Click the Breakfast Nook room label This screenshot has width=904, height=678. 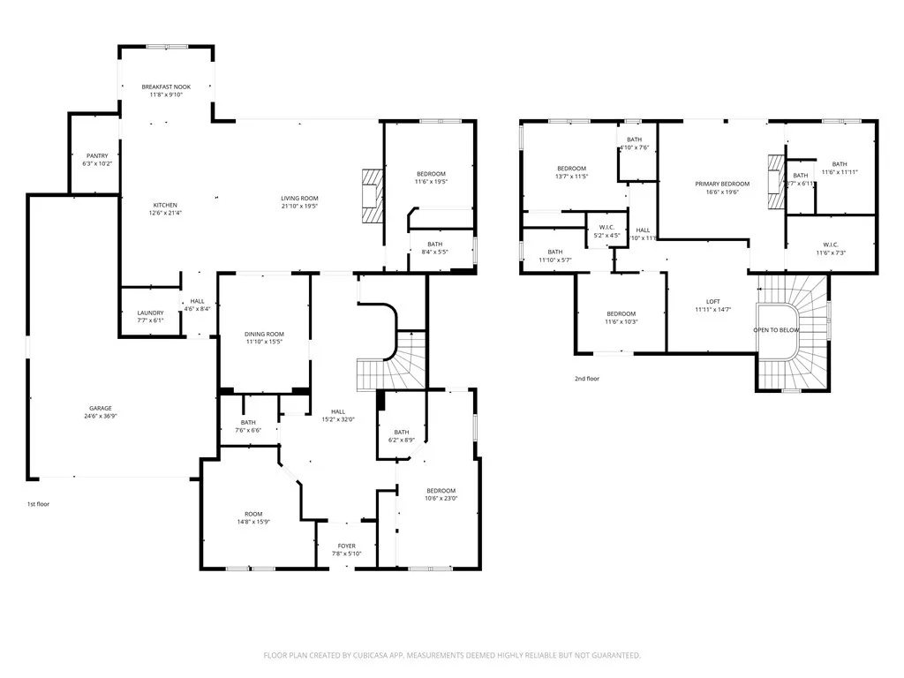click(x=166, y=87)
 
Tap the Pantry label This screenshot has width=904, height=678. click(x=97, y=155)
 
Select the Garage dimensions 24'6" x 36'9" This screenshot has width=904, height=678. click(x=100, y=415)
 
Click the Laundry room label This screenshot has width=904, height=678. click(x=150, y=313)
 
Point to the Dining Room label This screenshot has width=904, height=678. click(x=264, y=334)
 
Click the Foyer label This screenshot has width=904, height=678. click(x=347, y=546)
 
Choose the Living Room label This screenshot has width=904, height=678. click(x=300, y=198)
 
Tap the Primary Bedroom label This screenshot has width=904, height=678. click(x=721, y=184)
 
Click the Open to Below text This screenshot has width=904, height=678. click(x=777, y=329)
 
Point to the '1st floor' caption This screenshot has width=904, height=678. click(x=37, y=504)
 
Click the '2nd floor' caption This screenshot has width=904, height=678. click(x=586, y=378)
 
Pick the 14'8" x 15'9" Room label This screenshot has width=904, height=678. click(x=253, y=514)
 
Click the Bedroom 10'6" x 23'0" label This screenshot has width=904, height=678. click(x=441, y=491)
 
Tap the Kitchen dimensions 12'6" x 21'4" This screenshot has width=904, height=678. click(x=166, y=213)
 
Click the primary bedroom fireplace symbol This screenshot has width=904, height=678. click(x=775, y=182)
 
